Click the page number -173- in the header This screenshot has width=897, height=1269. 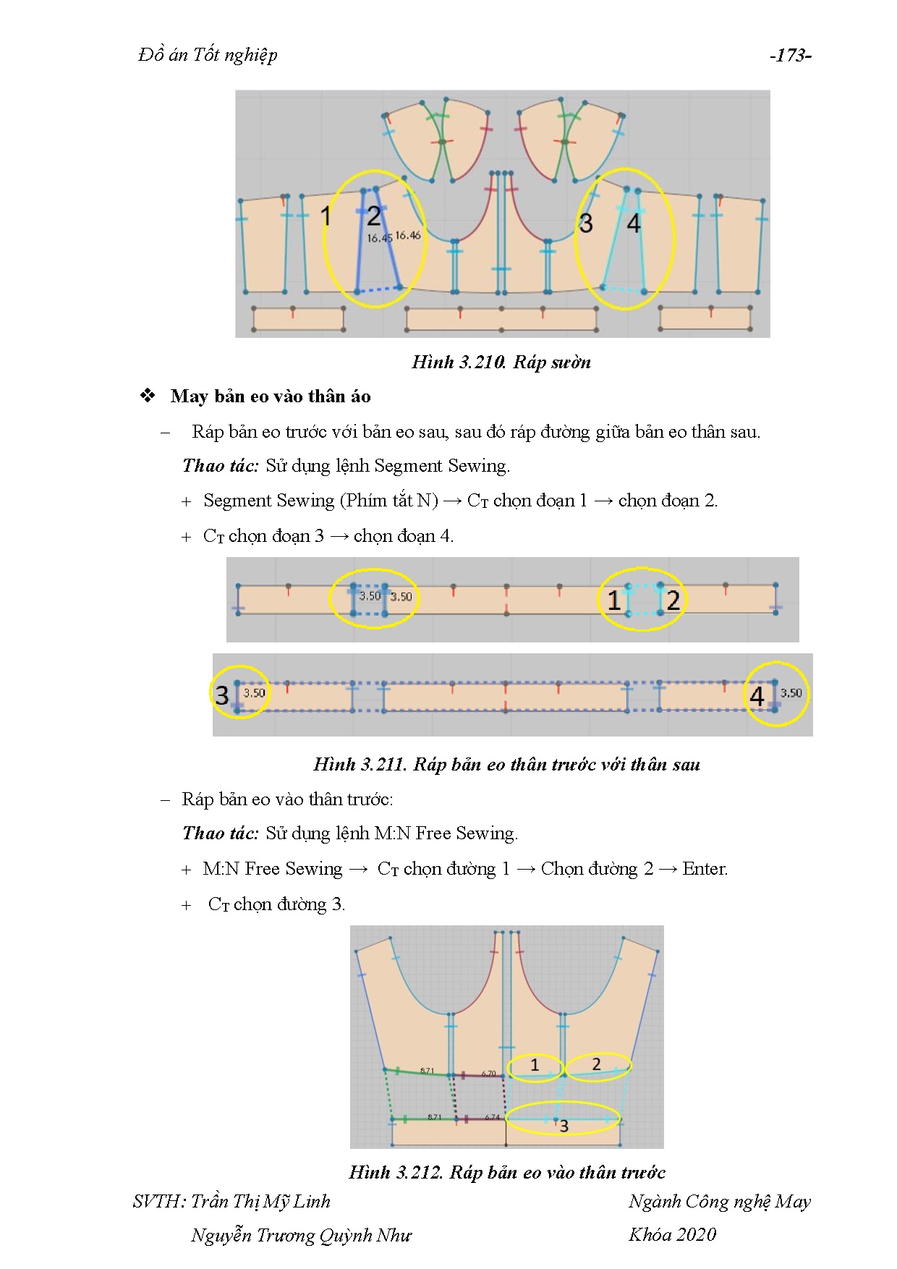[790, 56]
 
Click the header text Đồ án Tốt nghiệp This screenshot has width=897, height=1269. [208, 56]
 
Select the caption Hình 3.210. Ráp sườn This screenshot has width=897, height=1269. [501, 362]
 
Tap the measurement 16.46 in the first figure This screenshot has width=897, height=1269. [408, 235]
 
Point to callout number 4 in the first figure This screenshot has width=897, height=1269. [634, 224]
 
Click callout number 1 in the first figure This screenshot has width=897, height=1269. [326, 216]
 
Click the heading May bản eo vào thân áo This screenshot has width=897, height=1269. [271, 396]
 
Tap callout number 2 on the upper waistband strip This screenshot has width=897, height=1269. [673, 600]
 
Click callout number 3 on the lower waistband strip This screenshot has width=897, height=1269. [222, 695]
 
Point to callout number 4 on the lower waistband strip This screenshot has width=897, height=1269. [757, 696]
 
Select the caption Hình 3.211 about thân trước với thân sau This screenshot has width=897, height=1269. [506, 765]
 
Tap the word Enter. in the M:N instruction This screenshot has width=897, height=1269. [705, 869]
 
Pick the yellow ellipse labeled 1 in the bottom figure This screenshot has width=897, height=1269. [535, 1066]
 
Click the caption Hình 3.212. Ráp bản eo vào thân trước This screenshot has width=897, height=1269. [506, 1172]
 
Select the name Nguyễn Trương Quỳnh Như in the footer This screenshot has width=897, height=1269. [301, 1235]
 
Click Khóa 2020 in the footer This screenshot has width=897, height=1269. [672, 1234]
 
